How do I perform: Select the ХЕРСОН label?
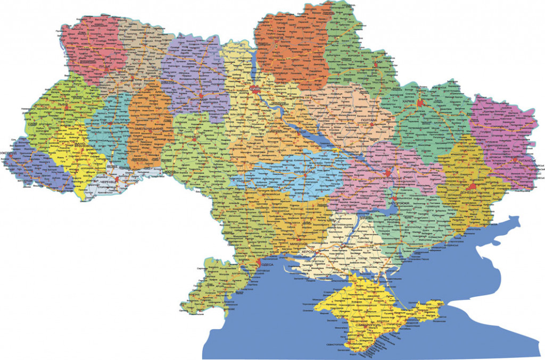coord(310,251)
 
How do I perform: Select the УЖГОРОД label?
coord(10,154)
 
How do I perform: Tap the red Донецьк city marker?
coord(472,186)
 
